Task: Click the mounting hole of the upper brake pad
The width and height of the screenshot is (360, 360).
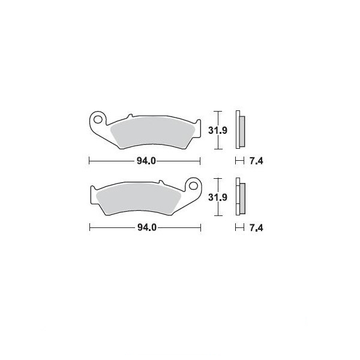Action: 98,119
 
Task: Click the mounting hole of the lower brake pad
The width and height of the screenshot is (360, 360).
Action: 193,185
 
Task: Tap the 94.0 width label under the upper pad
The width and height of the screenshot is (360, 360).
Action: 146,161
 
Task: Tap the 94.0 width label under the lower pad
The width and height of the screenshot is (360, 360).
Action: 147,227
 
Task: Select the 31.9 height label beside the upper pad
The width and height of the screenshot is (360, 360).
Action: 218,130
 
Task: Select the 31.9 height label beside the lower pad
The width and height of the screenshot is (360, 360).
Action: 218,197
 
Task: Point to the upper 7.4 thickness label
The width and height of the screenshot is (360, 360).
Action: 256,161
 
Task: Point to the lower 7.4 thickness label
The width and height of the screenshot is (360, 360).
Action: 256,228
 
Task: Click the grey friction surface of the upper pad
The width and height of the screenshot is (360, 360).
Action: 152,132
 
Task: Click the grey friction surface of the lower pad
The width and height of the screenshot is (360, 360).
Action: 139,198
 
